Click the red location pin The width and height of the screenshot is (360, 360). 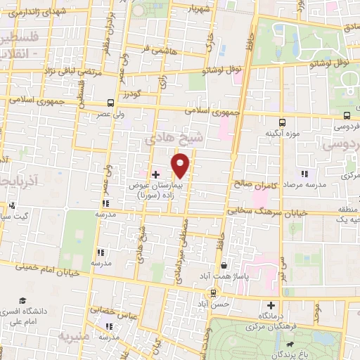pyautogui.click(x=181, y=165)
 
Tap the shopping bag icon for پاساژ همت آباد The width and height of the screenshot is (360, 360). pyautogui.click(x=224, y=266)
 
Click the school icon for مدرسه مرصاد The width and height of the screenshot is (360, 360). pyautogui.click(x=304, y=174)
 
